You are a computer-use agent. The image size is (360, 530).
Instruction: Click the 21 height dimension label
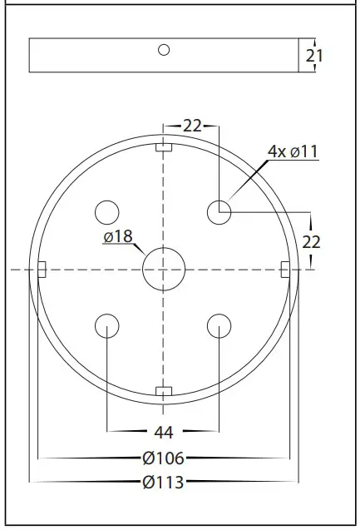point(315,56)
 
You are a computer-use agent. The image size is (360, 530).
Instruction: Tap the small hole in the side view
point(164,50)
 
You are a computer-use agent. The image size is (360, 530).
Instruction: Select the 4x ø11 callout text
point(293,151)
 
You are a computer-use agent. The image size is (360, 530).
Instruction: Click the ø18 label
point(118,237)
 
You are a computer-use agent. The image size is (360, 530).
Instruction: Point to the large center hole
point(164,269)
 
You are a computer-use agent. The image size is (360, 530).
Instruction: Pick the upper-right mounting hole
point(219,212)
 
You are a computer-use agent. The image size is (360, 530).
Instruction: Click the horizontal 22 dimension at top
point(192,126)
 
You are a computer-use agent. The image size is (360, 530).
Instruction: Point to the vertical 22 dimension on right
point(312,241)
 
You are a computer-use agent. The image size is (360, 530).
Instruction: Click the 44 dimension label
point(163,431)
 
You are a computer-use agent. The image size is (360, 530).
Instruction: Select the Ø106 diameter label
point(163,458)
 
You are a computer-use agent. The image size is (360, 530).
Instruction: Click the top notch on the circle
point(164,147)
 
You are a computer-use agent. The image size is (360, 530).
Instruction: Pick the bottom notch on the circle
point(164,391)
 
